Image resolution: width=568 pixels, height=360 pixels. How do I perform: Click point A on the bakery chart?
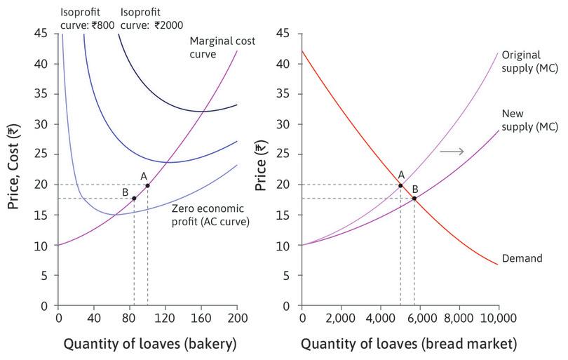(147, 185)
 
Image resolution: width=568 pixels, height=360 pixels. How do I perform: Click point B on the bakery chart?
(134, 198)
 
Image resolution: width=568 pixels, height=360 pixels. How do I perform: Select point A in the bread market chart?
(400, 185)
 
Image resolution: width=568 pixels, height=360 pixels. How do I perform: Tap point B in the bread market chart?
(414, 198)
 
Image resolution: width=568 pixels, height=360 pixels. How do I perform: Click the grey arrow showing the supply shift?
(449, 151)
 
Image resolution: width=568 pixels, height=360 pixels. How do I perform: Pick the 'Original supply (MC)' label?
(530, 61)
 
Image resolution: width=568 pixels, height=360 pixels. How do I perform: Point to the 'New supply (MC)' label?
(530, 119)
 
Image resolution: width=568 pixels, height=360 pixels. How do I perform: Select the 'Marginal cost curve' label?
(222, 47)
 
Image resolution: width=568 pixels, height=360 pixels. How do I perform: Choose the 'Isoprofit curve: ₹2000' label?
(151, 18)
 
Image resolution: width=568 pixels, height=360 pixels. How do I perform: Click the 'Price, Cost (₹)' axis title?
(13, 168)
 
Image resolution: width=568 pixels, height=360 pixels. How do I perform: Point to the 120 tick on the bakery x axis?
(165, 318)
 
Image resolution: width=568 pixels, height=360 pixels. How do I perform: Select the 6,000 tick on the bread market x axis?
(420, 318)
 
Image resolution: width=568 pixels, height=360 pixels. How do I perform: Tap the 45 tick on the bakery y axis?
(41, 34)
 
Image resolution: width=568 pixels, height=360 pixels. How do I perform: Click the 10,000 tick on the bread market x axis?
(499, 318)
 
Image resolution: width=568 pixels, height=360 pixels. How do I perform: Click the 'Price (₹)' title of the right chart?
(260, 168)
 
